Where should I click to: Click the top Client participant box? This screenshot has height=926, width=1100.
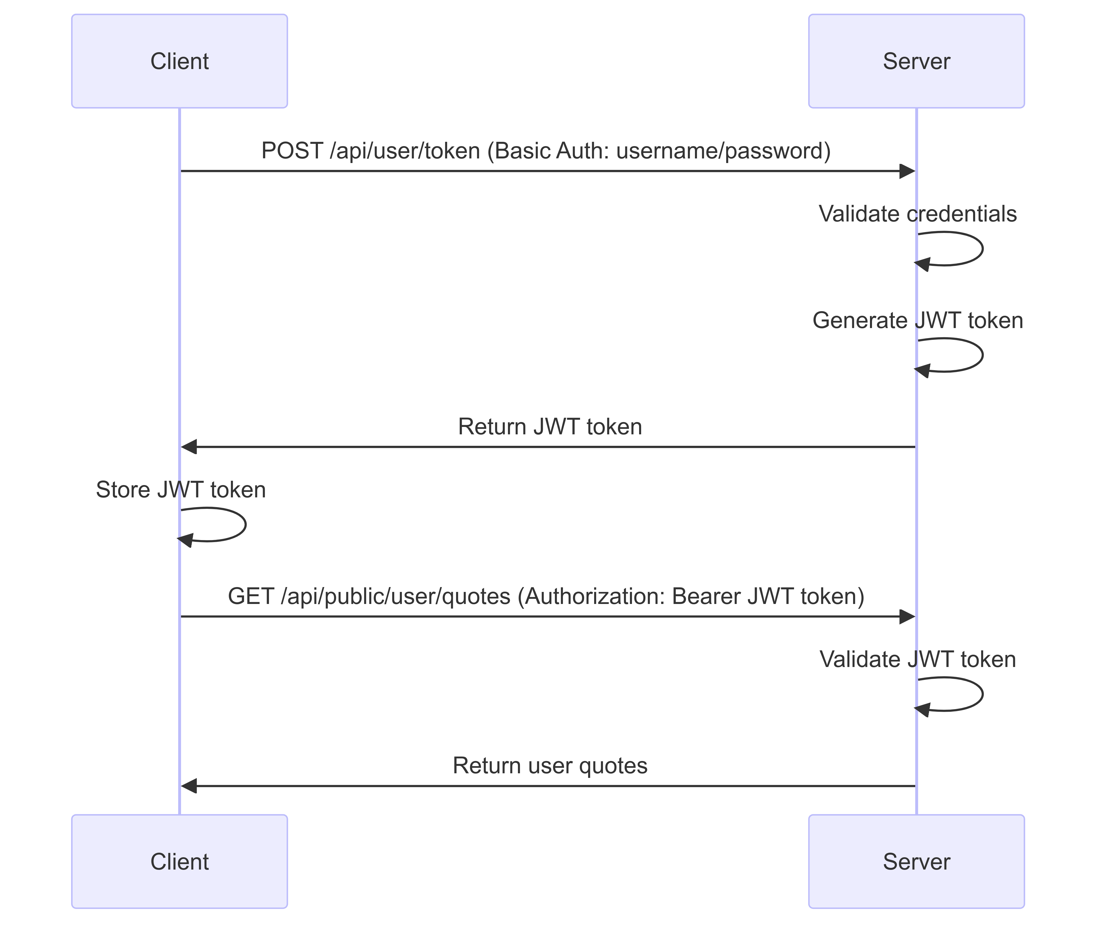[180, 61]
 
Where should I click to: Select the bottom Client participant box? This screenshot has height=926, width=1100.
[180, 862]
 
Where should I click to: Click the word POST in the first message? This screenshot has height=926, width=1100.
[292, 151]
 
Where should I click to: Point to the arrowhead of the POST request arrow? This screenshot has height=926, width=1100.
[907, 171]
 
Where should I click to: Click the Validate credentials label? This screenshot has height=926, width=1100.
[917, 214]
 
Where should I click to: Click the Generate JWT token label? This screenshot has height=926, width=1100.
[917, 321]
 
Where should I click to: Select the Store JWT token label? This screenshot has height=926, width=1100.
[180, 490]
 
